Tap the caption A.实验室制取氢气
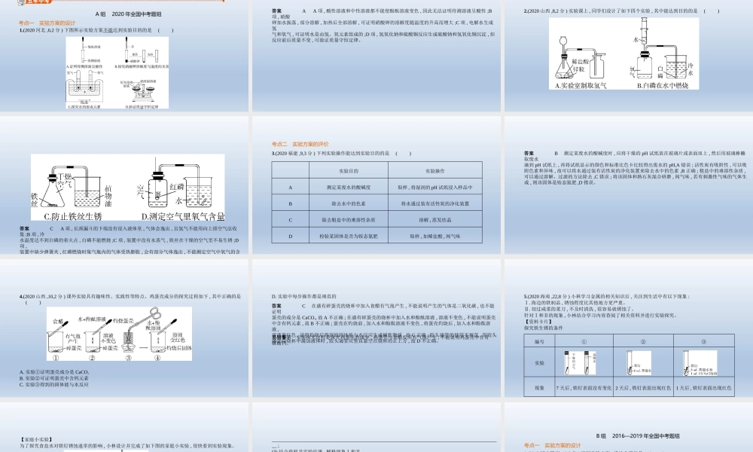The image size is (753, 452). click(x=582, y=85)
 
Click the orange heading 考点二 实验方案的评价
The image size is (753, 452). click(x=300, y=142)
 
